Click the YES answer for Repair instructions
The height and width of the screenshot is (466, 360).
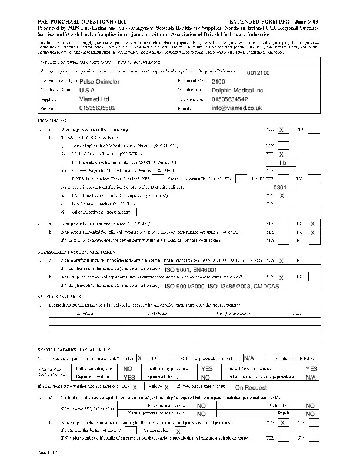pyautogui.click(x=129, y=377)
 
